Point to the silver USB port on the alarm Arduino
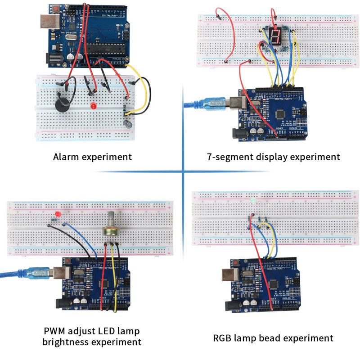pyautogui.click(x=47, y=20)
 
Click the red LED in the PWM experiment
pyautogui.click(x=57, y=213)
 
